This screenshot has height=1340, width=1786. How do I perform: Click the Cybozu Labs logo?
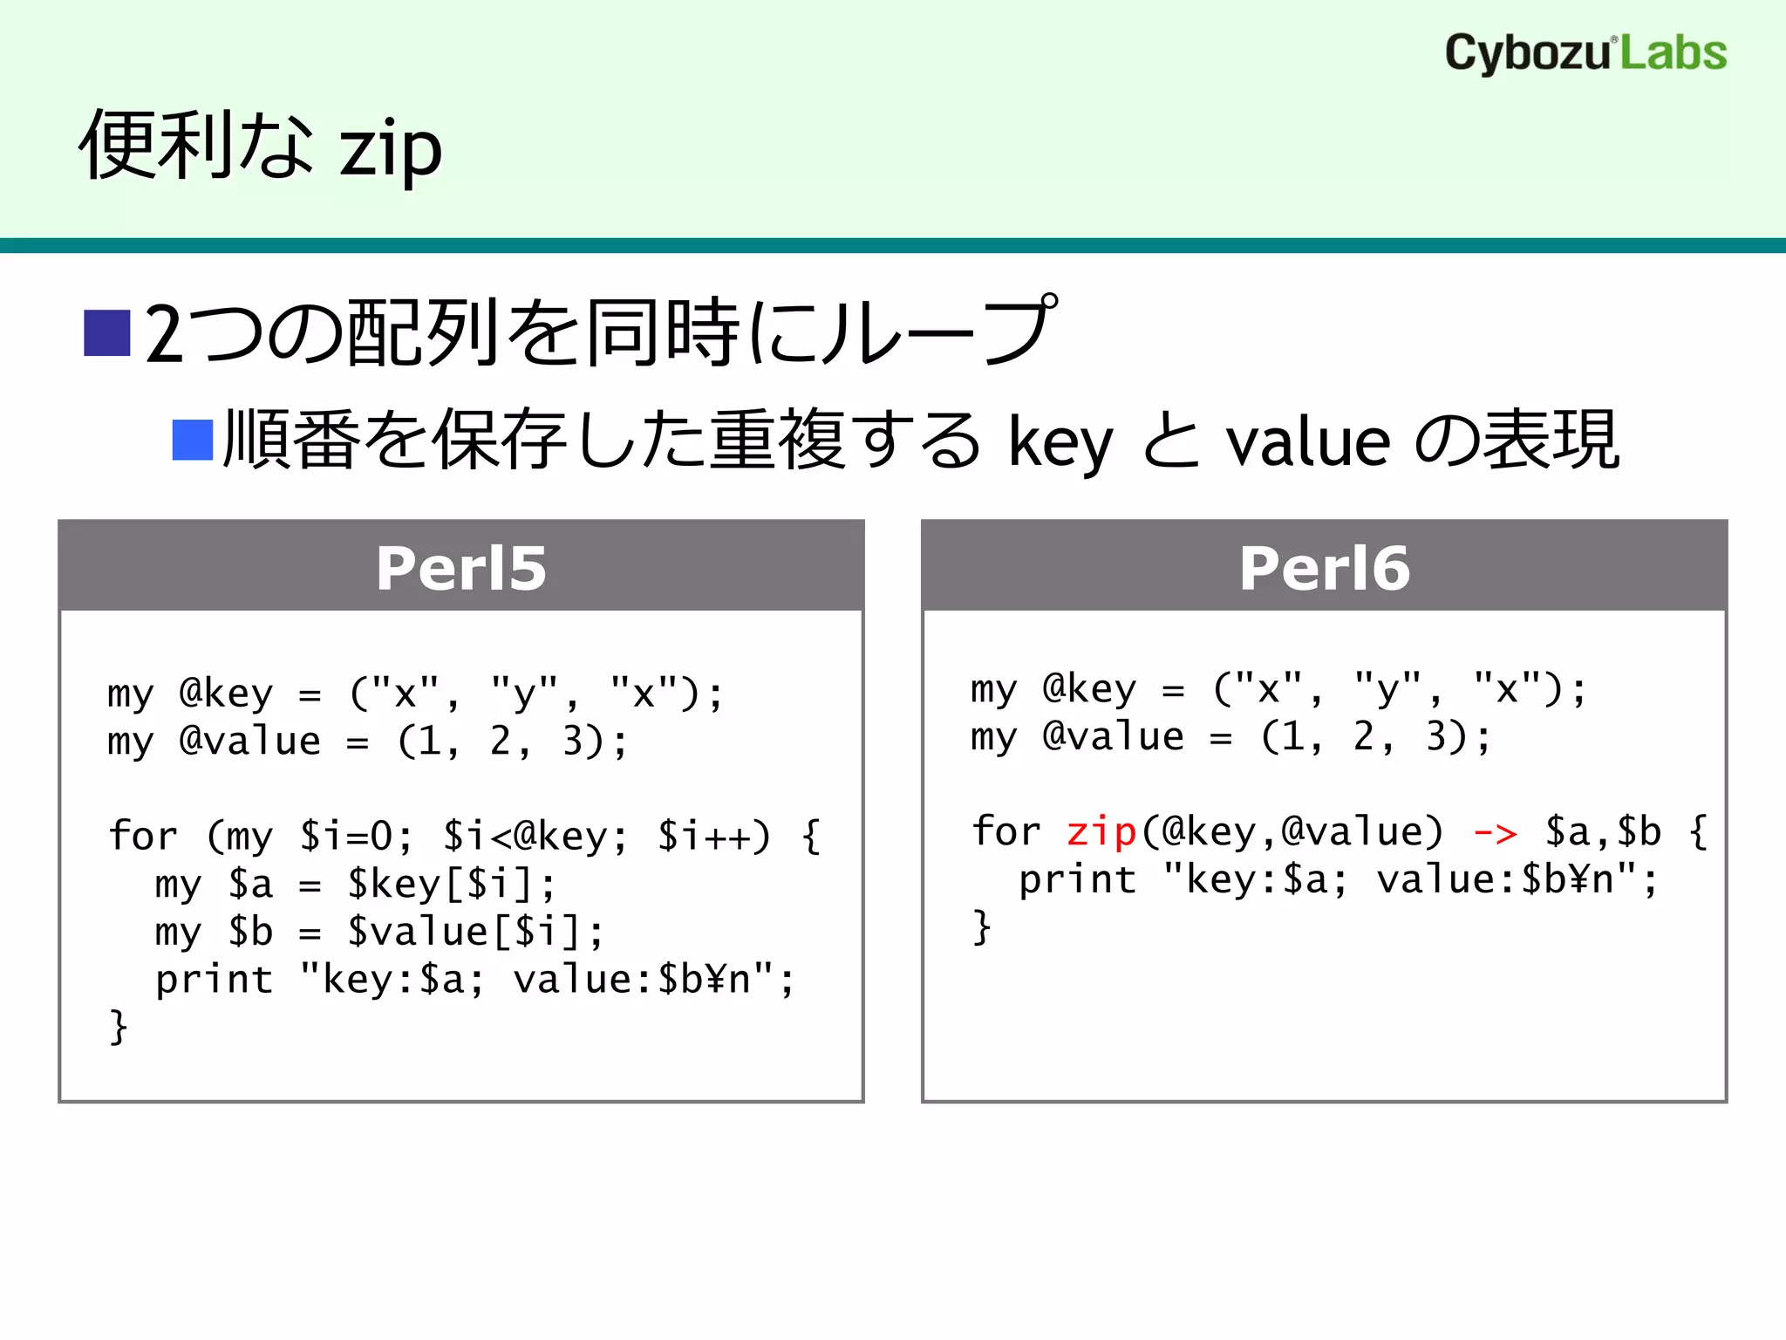pyautogui.click(x=1585, y=53)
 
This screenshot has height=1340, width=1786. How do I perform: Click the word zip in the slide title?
pyautogui.click(x=390, y=149)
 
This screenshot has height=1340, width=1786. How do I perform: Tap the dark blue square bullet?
pyautogui.click(x=107, y=332)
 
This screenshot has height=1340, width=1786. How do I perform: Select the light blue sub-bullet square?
pyautogui.click(x=193, y=440)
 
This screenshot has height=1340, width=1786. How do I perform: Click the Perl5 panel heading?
pyautogui.click(x=461, y=568)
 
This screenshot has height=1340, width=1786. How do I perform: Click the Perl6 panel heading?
pyautogui.click(x=1324, y=568)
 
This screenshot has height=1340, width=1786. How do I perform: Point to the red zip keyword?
pyautogui.click(x=1101, y=831)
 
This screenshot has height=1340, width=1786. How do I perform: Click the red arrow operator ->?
pyautogui.click(x=1495, y=833)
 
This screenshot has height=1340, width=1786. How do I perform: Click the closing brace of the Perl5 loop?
pyautogui.click(x=119, y=1027)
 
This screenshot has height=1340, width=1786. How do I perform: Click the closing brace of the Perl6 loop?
pyautogui.click(x=982, y=926)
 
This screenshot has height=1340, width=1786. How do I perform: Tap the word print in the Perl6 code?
pyautogui.click(x=1077, y=879)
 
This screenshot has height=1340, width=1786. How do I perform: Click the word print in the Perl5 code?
pyautogui.click(x=214, y=980)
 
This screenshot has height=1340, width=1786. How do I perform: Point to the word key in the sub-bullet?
pyautogui.click(x=1060, y=443)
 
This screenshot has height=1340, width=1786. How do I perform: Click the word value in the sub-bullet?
pyautogui.click(x=1307, y=443)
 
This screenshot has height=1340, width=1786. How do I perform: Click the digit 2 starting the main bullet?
pyautogui.click(x=164, y=334)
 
